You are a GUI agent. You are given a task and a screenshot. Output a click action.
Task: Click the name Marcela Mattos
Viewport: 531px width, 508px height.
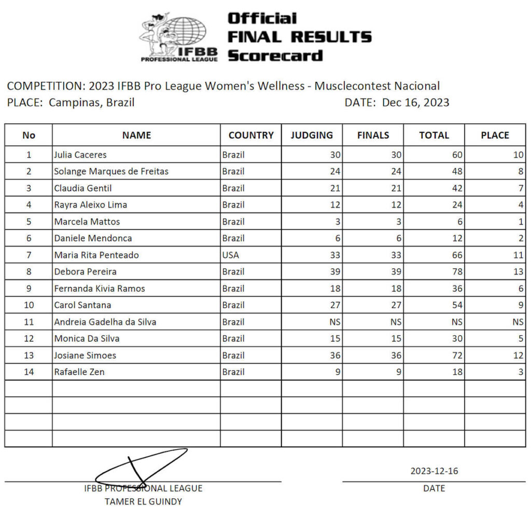tap(87, 221)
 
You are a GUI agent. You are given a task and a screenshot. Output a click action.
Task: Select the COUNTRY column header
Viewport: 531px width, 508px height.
tap(251, 135)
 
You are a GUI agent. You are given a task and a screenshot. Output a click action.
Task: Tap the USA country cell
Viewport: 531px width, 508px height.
tap(230, 255)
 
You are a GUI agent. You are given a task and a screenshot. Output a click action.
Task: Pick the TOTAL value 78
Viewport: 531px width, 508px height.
tap(456, 272)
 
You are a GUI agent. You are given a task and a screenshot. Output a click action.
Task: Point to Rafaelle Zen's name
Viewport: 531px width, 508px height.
tap(79, 372)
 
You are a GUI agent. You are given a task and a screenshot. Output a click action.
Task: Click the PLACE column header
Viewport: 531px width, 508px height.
tap(495, 135)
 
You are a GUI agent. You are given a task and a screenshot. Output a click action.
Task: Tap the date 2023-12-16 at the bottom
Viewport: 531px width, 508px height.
tap(434, 471)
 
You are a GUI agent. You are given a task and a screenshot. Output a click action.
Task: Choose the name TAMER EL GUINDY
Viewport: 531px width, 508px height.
tap(143, 501)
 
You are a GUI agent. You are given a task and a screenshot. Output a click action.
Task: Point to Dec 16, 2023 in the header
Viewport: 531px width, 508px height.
tap(415, 103)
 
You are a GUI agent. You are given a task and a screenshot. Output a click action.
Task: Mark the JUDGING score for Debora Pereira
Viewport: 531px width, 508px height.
tap(334, 272)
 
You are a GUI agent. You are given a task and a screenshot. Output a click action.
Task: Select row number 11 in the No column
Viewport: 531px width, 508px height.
tap(29, 322)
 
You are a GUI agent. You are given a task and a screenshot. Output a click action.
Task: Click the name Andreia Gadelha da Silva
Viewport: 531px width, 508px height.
tap(105, 322)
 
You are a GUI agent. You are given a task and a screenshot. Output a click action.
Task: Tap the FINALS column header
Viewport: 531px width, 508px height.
tap(373, 135)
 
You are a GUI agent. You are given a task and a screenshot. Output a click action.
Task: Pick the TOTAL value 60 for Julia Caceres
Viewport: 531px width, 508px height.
tap(456, 154)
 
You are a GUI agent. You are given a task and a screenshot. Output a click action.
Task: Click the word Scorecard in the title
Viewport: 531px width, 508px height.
tap(275, 55)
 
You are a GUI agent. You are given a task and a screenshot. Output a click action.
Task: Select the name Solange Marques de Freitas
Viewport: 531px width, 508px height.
tap(111, 171)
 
